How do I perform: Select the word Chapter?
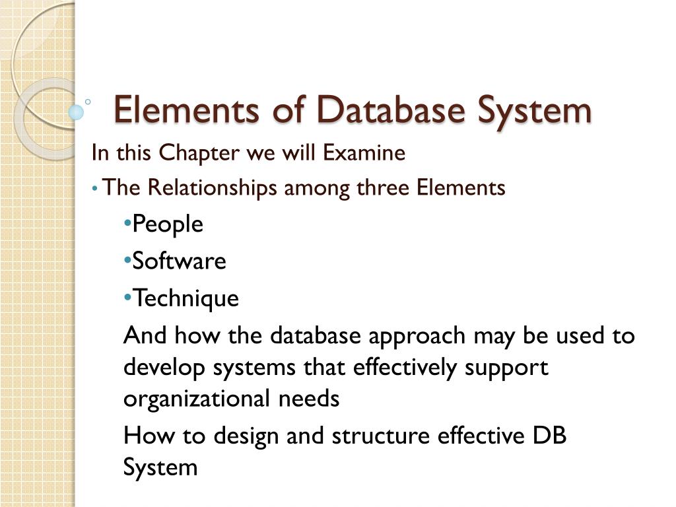201,153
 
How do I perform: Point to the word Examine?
364,153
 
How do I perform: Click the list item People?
168,224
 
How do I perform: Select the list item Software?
179,261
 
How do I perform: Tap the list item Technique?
186,298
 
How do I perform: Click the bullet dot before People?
127,223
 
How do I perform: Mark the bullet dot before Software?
127,260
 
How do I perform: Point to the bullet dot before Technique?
127,297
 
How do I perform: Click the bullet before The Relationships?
96,189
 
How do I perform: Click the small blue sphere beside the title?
77,112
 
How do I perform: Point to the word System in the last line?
160,467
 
